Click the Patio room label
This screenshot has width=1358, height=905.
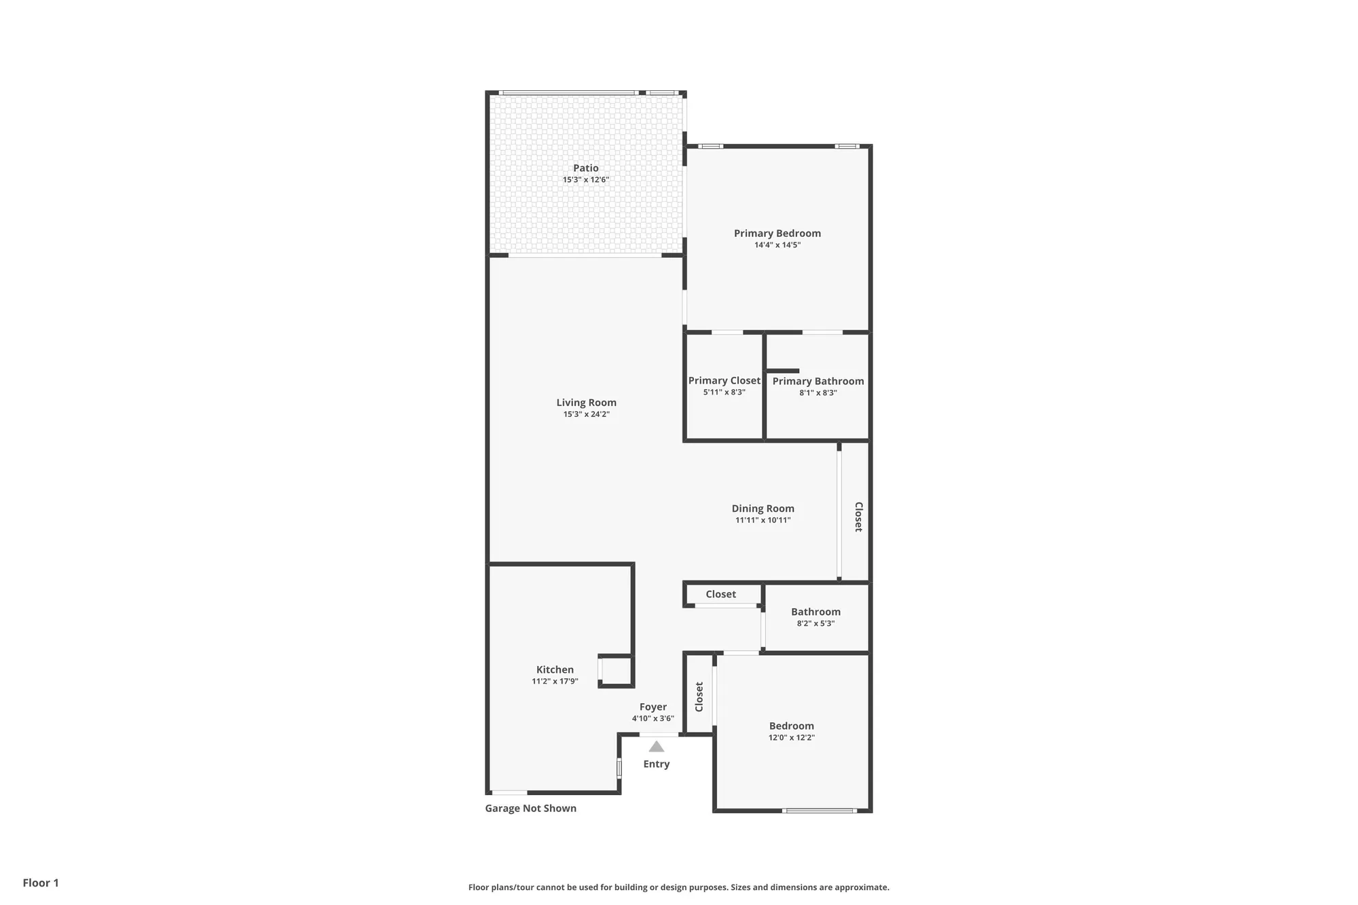(x=585, y=168)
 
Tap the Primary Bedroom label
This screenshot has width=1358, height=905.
(x=777, y=234)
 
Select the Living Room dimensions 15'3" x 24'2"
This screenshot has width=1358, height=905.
(x=586, y=414)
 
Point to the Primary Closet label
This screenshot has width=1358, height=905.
(x=724, y=381)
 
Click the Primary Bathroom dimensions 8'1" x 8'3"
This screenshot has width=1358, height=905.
(x=818, y=393)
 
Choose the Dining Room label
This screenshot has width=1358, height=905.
(x=763, y=509)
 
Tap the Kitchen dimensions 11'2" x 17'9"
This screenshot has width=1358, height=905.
(x=555, y=682)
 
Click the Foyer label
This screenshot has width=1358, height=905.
(x=653, y=707)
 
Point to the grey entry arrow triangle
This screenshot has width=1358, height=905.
(x=656, y=747)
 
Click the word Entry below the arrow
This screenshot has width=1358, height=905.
(x=656, y=764)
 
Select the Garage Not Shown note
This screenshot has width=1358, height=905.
(x=530, y=808)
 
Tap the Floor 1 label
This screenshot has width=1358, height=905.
(x=41, y=883)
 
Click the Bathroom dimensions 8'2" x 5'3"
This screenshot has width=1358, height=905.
(x=815, y=623)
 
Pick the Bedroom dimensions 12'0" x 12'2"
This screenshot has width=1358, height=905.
(x=791, y=737)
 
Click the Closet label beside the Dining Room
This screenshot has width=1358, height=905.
(x=858, y=517)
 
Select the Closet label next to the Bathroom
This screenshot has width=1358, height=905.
(x=720, y=594)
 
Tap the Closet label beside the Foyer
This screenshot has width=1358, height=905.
(x=699, y=697)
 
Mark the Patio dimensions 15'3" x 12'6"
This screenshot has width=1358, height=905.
(x=585, y=180)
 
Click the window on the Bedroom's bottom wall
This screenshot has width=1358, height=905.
(x=819, y=810)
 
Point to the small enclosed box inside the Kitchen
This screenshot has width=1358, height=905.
(x=616, y=671)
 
